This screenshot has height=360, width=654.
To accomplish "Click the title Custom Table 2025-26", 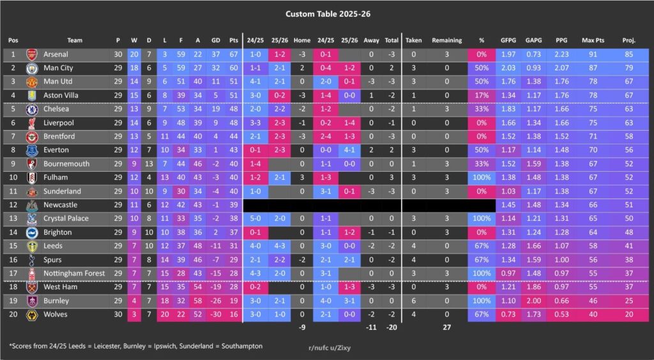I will [326, 13].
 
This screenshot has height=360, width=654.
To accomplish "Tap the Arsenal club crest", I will [32, 54].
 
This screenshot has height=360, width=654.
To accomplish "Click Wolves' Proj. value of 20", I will [628, 314].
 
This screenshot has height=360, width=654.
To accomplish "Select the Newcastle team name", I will [61, 205].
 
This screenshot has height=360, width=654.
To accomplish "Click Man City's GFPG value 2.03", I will [508, 68].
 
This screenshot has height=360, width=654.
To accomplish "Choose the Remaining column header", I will [446, 40].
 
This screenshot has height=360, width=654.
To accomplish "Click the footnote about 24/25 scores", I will [135, 346].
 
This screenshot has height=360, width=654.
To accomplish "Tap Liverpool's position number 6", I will [13, 123].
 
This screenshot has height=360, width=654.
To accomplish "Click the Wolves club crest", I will [32, 314].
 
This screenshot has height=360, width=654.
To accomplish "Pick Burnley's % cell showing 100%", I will [481, 301].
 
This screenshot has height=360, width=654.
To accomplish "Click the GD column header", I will [215, 40].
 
